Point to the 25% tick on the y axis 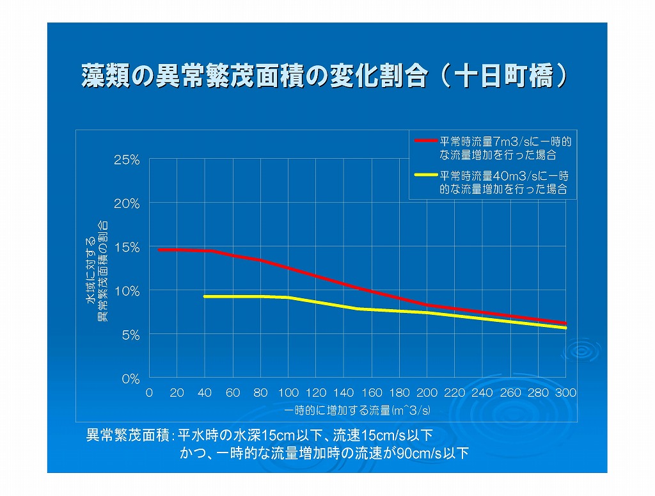(x=127, y=160)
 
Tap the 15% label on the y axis (x=127, y=248)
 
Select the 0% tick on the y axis (x=130, y=379)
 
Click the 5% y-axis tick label (x=130, y=335)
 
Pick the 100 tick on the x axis (x=288, y=393)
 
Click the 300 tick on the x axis (x=565, y=393)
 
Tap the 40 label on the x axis (x=205, y=393)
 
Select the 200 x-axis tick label (x=427, y=393)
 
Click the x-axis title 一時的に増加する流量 (x=357, y=410)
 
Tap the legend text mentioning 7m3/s (x=505, y=147)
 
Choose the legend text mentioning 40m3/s (x=505, y=182)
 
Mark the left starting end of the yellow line (x=205, y=296)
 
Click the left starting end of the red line (x=159, y=250)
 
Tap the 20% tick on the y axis (x=127, y=204)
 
